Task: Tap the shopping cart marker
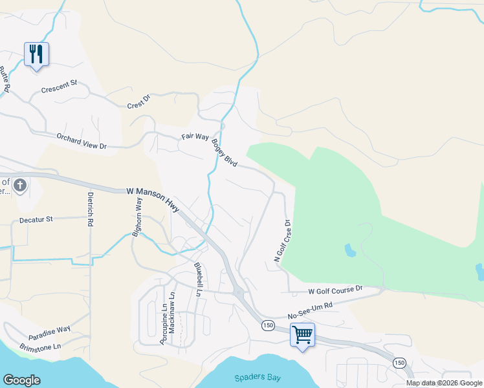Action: (302, 335)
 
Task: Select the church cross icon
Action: (20, 186)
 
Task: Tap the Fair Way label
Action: (195, 137)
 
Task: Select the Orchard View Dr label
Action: (82, 141)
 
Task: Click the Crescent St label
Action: (59, 87)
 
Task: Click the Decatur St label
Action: (36, 220)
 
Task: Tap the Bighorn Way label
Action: (137, 217)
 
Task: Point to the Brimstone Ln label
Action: (39, 346)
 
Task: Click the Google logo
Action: (21, 380)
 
